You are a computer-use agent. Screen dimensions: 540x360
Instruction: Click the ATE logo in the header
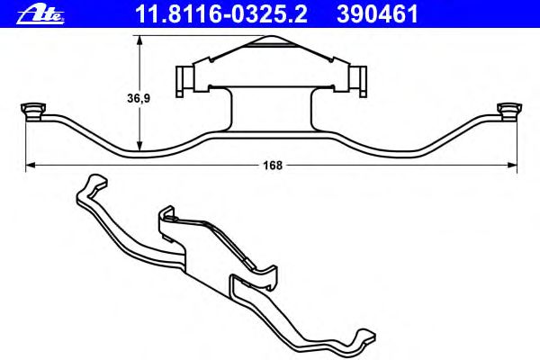40,15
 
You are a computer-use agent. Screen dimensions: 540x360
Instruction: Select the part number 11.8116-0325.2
221,14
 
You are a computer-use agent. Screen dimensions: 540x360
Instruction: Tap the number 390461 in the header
377,14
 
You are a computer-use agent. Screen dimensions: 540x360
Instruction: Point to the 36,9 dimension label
139,98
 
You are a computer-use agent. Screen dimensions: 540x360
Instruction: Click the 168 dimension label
273,166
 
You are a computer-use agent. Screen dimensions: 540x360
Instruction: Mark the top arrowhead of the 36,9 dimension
139,40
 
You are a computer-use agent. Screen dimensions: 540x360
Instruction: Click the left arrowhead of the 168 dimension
31,166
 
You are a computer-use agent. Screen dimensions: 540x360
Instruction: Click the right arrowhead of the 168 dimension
512,166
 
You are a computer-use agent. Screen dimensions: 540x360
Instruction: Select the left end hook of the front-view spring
33,112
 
